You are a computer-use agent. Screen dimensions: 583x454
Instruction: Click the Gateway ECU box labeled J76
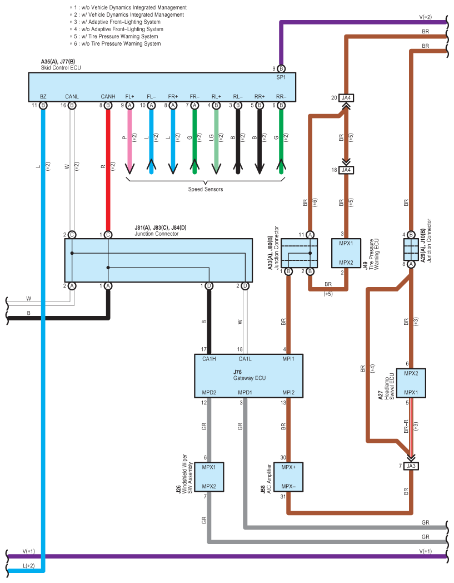point(248,376)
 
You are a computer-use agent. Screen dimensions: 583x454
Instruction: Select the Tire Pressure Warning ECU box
point(347,253)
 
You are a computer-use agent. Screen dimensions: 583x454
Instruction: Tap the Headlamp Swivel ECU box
point(411,383)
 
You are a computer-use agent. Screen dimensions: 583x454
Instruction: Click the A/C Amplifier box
point(289,477)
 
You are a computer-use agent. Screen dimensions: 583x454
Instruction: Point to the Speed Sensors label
point(205,189)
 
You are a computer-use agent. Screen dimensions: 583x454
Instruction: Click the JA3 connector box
point(411,466)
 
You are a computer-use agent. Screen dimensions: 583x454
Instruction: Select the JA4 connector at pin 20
point(347,98)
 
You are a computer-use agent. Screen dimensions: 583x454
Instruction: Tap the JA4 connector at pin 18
point(347,170)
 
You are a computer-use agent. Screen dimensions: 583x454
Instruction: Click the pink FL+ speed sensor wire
point(130,139)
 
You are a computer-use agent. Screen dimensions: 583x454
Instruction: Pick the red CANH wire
point(108,167)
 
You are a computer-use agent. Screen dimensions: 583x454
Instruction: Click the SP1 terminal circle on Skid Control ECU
point(281,68)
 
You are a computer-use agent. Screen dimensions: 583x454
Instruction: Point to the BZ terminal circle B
point(43,105)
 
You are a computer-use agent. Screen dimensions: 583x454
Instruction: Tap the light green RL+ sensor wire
point(216,139)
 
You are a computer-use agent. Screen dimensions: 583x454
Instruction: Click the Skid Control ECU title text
point(61,68)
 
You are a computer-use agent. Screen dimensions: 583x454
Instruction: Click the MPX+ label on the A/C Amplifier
point(289,467)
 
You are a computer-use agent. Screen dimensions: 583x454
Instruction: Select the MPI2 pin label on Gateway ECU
point(288,393)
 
